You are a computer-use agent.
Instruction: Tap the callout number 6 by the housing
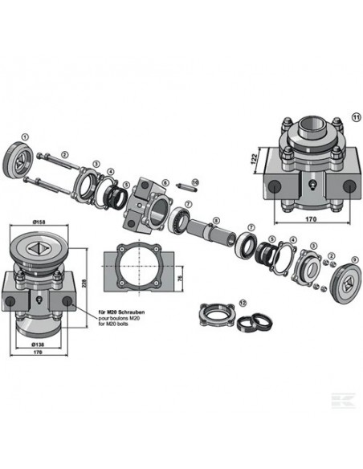tap(165, 183)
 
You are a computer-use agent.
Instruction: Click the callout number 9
tap(356, 259)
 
